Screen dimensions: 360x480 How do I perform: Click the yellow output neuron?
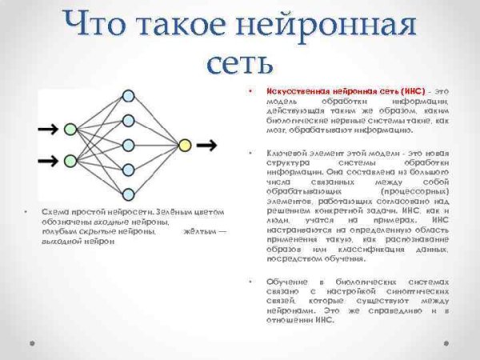coord(185,145)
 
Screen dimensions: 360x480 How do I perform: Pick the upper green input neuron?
coord(70,129)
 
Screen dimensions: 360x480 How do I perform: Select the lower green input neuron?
coord(70,159)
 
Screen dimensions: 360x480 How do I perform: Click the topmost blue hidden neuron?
coord(128,97)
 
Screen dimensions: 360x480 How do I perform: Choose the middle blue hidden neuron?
coord(128,145)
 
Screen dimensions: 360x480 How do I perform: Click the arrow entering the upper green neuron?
coord(48,129)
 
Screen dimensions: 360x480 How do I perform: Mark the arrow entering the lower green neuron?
coord(48,159)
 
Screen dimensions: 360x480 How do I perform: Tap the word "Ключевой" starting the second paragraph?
coord(286,152)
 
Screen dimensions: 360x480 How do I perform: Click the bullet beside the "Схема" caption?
coord(26,212)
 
